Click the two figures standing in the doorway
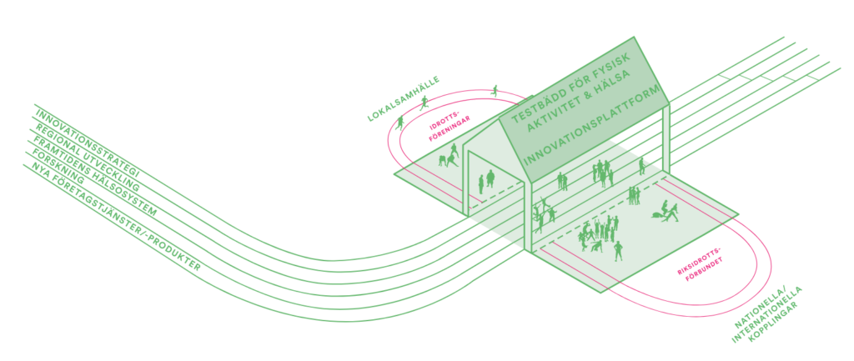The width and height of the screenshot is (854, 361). [x=486, y=181]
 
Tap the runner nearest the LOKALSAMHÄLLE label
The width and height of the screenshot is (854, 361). [x=424, y=103]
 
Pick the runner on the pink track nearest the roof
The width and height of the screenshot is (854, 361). [x=496, y=90]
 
